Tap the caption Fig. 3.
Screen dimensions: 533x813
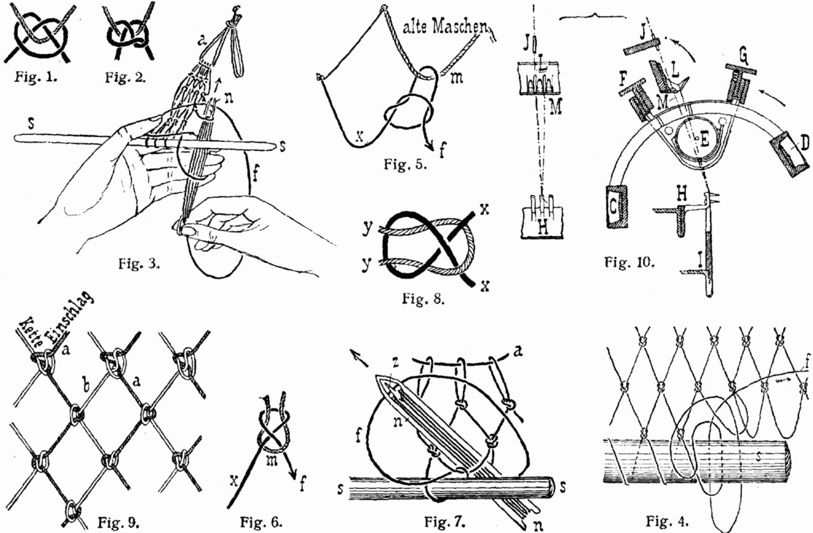click(x=138, y=263)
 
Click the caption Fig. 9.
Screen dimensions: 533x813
click(x=118, y=523)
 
